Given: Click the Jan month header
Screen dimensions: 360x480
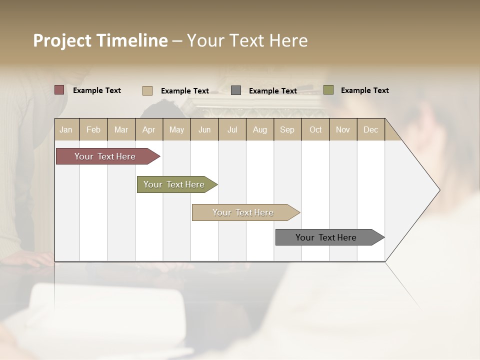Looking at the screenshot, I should coord(66,129).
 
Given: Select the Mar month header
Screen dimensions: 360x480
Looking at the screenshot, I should coord(121,129).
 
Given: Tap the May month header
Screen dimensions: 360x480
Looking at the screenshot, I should coord(176,129).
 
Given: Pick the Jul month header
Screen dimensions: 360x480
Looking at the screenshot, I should coord(232,129).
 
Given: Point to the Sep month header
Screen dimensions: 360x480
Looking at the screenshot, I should coord(287,129).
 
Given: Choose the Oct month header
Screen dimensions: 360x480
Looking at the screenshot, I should coord(315,129).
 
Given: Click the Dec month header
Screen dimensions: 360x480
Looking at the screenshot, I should coord(370,129).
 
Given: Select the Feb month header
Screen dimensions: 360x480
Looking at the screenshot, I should coord(93,129).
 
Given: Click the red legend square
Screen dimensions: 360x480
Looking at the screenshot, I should coord(59,90).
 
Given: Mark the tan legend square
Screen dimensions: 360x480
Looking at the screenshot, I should coord(147,90).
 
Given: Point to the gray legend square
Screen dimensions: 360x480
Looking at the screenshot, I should coord(236,90).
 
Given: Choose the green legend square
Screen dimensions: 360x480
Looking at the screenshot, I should coord(328,90).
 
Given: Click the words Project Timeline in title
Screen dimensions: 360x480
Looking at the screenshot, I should coord(100,40).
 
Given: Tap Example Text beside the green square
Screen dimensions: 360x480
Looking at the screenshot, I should coord(364,90).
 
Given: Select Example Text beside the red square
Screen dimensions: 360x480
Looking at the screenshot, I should coord(97,90).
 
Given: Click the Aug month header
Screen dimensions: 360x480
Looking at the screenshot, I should coord(259,129).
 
